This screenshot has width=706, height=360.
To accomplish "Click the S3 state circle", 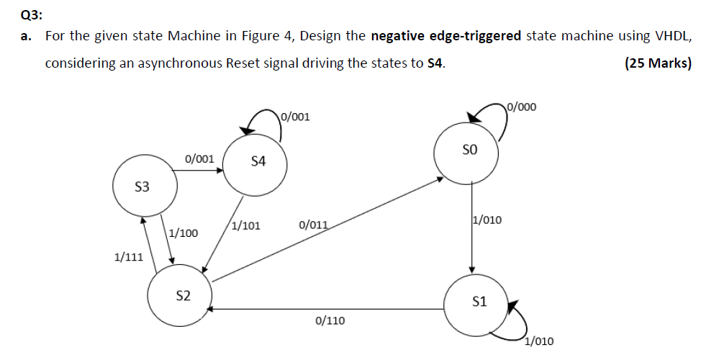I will point(142,186).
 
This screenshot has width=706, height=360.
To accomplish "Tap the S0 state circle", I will point(469,151).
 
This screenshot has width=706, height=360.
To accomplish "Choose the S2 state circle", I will point(183,295).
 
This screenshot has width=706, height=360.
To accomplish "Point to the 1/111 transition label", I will point(129,256).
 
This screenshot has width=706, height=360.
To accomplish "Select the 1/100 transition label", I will point(184,233).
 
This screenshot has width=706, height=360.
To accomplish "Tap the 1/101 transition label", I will point(246,225).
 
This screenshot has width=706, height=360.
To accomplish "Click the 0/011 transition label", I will point(313,225).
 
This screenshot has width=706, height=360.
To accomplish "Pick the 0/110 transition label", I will point(330,320).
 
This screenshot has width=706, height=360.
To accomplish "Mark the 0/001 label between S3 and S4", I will point(199,158).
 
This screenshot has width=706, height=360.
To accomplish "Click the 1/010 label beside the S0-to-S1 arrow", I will point(487,220).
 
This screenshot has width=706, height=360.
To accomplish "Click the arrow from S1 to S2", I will point(324,309).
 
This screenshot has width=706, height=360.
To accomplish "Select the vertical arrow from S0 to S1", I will point(471,223).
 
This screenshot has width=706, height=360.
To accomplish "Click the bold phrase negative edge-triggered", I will point(445,36).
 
